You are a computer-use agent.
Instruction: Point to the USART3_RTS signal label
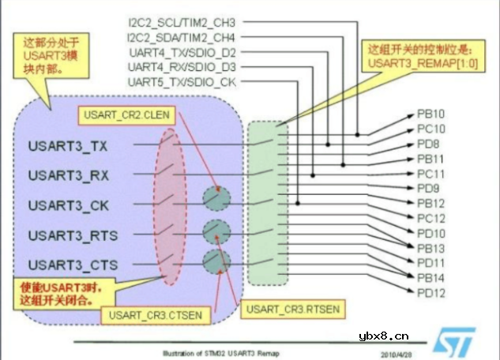(70, 234)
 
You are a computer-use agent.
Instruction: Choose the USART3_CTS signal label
(70, 264)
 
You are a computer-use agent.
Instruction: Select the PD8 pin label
(428, 144)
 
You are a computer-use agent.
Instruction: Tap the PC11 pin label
(431, 174)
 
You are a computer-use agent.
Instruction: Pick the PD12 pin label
(431, 293)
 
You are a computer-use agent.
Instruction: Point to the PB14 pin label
(431, 278)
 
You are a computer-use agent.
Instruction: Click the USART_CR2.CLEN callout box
(126, 115)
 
